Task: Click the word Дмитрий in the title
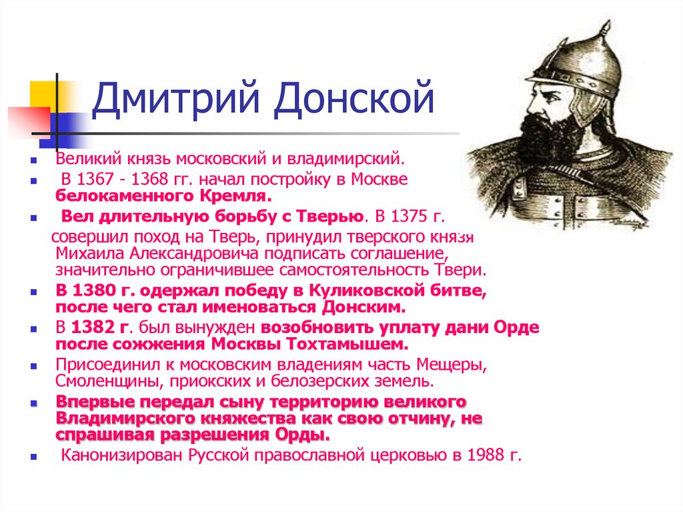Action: [176, 98]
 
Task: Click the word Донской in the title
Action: [354, 98]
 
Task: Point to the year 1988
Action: [485, 455]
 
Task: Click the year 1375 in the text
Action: [408, 216]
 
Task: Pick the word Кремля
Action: [235, 196]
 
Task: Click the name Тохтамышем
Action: [347, 344]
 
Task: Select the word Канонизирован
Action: [121, 455]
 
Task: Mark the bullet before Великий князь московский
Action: [33, 161]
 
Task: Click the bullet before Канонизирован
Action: [33, 457]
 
